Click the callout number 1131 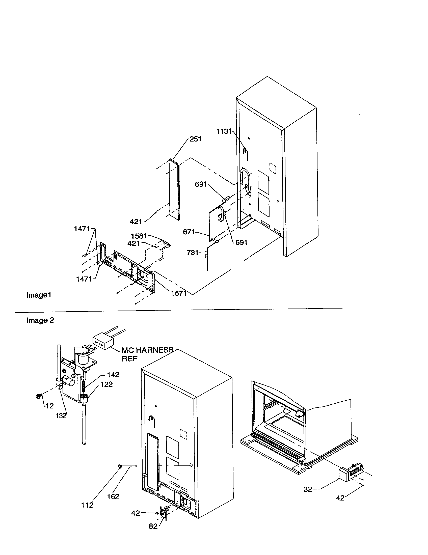(224, 131)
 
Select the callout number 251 (195, 139)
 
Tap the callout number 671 (189, 232)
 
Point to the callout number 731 (192, 252)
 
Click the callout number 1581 (139, 236)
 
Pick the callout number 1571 (179, 293)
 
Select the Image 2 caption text (40, 320)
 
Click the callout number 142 (113, 375)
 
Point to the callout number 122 (106, 384)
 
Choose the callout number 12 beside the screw (49, 406)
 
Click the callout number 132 (61, 416)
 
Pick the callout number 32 (308, 489)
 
